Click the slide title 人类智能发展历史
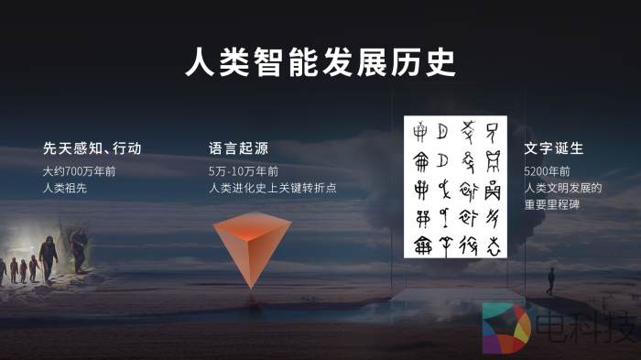(320, 62)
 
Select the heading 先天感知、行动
(92, 148)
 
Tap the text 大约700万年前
(79, 171)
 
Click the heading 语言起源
(238, 148)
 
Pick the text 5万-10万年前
(244, 171)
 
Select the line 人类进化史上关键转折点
(273, 188)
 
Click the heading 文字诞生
(554, 148)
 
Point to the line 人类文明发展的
(562, 188)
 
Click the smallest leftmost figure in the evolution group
(3, 269)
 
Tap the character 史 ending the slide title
(439, 62)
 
